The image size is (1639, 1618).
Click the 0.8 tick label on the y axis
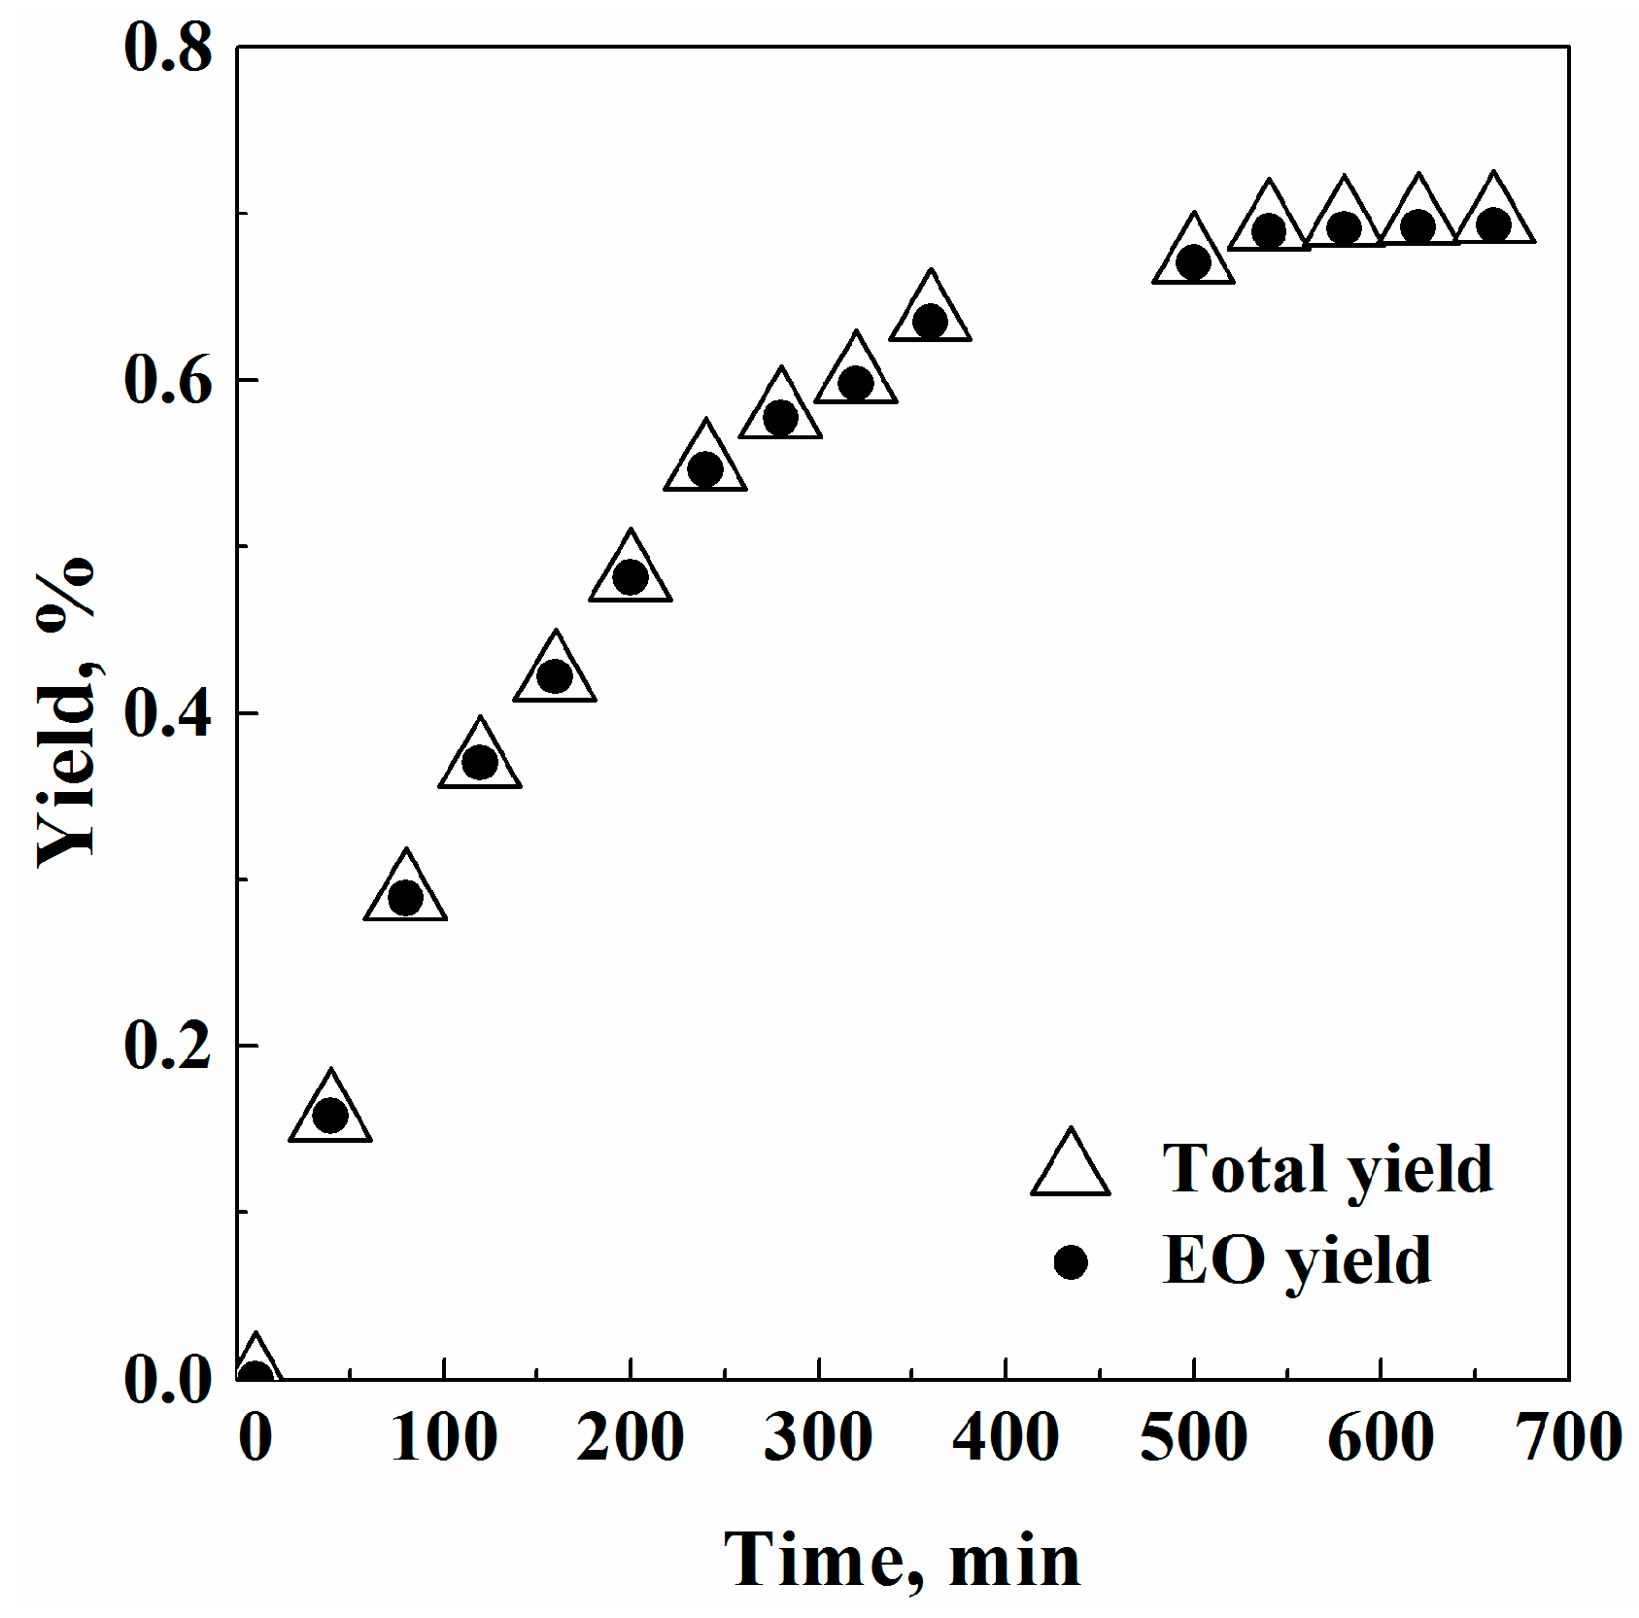click(167, 49)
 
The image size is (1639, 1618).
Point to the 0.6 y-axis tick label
click(167, 380)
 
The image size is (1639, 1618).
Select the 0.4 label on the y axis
click(167, 714)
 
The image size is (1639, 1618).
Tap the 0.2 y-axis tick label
click(167, 1047)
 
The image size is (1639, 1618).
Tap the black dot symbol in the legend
click(1071, 1262)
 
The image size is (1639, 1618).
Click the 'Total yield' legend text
click(1327, 1169)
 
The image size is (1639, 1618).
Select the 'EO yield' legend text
click(1297, 1260)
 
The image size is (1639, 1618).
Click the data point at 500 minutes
click(1193, 261)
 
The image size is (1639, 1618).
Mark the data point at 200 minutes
click(631, 577)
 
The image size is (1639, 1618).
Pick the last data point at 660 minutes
click(1494, 224)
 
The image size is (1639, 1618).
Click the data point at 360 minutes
click(931, 320)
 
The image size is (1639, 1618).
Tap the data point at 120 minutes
click(480, 762)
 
